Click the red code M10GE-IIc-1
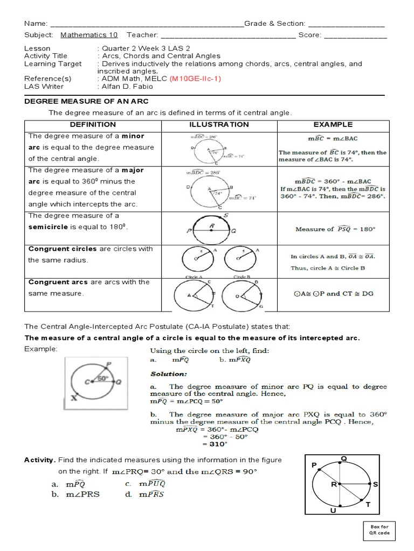pos(195,79)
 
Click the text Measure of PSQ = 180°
pos(335,229)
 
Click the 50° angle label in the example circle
pos(102,378)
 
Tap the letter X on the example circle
pos(73,399)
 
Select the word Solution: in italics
pos(169,373)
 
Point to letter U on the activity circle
pos(333,510)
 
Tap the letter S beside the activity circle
pos(376,485)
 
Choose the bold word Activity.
pos(40,460)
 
